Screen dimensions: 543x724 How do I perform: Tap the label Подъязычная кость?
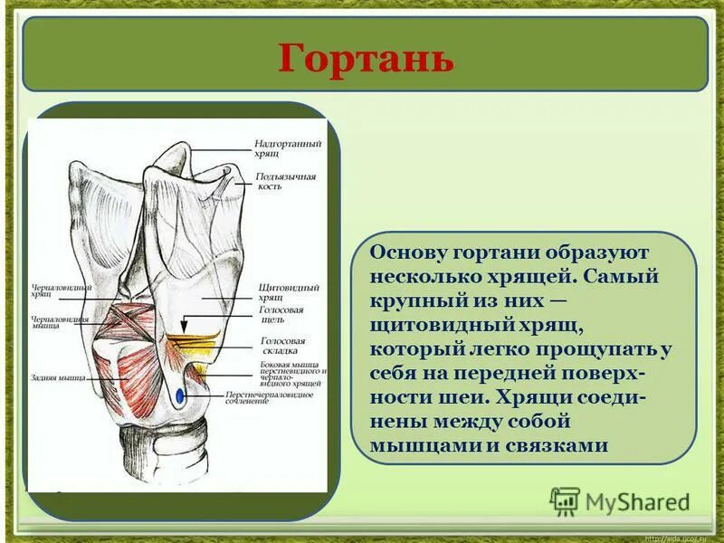point(285,181)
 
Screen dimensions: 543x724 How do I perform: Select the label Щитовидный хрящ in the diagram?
point(276,291)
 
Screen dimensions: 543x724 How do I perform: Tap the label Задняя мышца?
point(57,377)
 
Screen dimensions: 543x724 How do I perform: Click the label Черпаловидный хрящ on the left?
point(60,291)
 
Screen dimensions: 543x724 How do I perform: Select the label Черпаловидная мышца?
point(60,323)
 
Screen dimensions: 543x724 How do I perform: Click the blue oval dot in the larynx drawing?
point(181,395)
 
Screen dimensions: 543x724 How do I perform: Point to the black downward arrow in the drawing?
point(183,324)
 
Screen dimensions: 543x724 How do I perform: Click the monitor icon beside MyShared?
point(565,500)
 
